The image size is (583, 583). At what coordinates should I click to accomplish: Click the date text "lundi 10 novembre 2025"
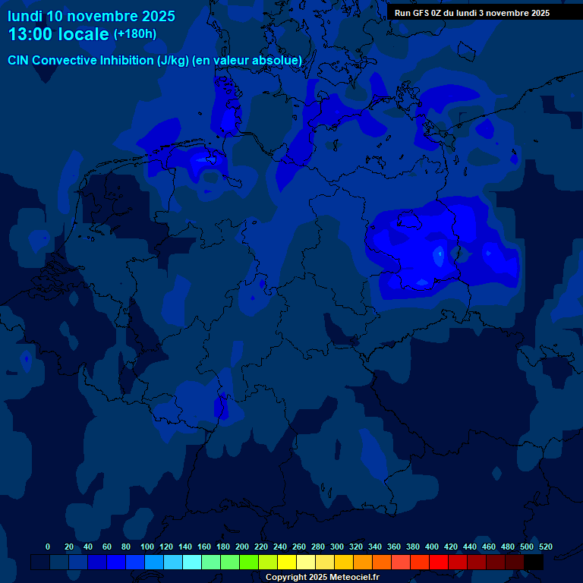(91, 16)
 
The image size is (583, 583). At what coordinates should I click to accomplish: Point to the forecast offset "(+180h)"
(135, 34)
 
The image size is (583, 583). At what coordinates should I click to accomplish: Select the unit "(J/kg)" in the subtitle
(174, 60)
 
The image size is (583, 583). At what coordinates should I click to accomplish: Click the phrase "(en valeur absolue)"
(247, 60)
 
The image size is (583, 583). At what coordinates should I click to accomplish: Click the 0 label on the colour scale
(48, 547)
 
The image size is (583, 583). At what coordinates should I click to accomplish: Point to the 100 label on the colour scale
(147, 547)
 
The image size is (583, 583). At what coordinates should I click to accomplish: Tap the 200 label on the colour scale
(242, 547)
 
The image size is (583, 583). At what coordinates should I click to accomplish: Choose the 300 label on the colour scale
(337, 547)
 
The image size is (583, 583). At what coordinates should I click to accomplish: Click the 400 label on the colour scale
(432, 547)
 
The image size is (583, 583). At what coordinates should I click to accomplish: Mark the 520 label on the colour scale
(545, 547)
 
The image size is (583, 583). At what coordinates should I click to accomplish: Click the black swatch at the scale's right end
(534, 563)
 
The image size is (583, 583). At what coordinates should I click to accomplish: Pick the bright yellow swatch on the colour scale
(287, 563)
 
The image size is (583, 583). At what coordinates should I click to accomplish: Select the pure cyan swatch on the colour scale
(192, 563)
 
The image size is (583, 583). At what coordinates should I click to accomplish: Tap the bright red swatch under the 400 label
(439, 563)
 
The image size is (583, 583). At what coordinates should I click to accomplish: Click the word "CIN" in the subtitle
(18, 60)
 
